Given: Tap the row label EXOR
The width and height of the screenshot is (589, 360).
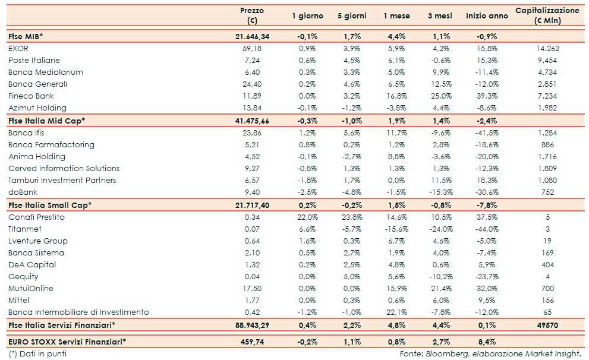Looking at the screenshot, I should click(x=18, y=48).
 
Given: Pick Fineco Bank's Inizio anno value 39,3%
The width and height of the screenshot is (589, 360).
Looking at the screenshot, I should click(x=487, y=96).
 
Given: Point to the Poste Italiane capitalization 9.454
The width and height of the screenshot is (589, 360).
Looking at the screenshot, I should click(x=547, y=60).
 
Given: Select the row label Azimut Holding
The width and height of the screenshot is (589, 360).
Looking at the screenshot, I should click(x=37, y=108).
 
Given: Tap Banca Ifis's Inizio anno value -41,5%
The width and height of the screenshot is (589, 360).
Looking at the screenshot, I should click(x=487, y=132).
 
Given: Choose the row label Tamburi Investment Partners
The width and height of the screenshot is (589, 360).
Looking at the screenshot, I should click(x=62, y=180).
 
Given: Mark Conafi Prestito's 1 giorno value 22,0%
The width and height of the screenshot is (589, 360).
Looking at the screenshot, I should click(x=307, y=217).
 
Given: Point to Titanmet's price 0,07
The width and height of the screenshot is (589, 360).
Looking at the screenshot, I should click(x=252, y=229).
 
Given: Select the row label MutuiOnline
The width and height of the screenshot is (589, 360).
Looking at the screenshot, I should click(x=31, y=288).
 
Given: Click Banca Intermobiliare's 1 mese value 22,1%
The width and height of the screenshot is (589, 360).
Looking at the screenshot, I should click(x=396, y=312).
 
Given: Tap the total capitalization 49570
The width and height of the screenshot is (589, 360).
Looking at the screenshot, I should click(x=547, y=325).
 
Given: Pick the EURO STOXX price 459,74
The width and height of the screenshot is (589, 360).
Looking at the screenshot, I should click(x=252, y=342).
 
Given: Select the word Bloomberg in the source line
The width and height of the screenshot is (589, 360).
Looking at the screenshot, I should click(x=443, y=354).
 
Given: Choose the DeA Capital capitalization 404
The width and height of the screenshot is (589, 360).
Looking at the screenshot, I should click(x=547, y=264).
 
